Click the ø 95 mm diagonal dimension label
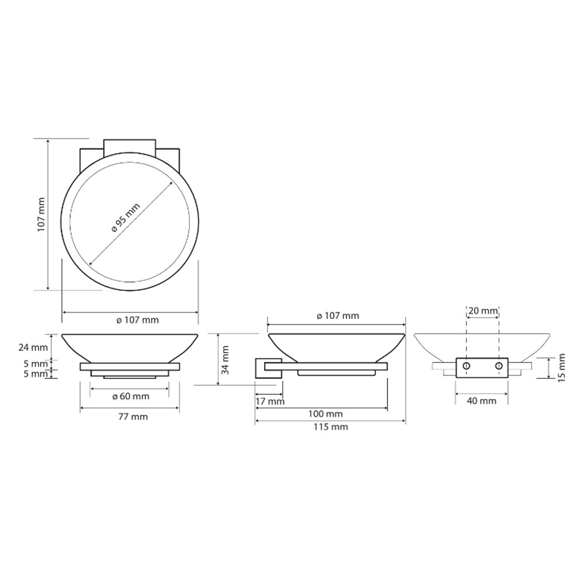(126, 217)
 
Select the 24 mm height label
(33, 347)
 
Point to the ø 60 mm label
(131, 397)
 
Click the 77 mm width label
(133, 417)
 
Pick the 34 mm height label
(225, 360)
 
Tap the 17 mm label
(270, 402)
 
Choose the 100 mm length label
(325, 414)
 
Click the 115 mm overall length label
(331, 427)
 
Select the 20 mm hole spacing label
(483, 310)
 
